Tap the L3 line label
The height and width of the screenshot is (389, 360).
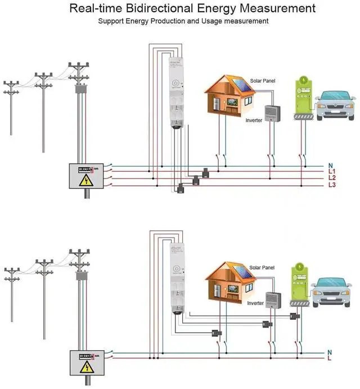coord(332,185)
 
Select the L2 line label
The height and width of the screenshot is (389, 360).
coord(332,178)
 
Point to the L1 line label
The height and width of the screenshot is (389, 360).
coord(332,172)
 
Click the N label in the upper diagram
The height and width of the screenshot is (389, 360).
coord(331,166)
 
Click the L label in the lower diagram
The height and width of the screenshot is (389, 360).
coord(330,359)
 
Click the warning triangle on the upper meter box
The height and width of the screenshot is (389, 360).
coord(85,181)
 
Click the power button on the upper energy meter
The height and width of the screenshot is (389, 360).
coord(176,84)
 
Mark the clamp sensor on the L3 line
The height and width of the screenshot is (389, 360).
coord(181,189)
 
